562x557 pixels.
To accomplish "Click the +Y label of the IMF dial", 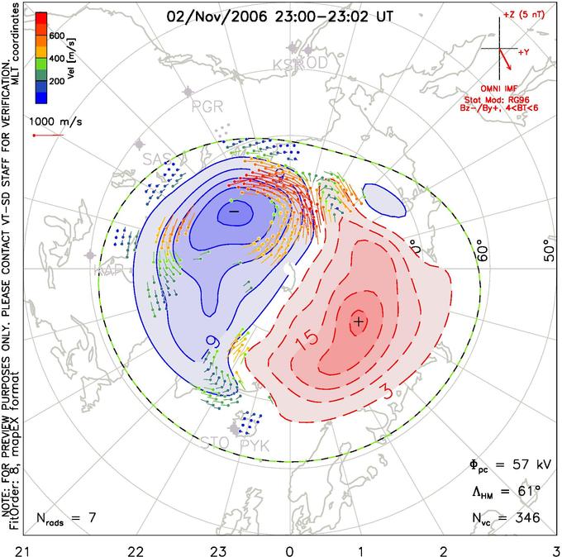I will (x=523, y=52).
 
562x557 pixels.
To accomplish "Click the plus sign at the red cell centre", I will (x=358, y=321).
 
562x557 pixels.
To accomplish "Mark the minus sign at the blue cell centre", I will (x=233, y=212).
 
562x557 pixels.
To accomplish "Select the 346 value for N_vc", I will (x=526, y=518).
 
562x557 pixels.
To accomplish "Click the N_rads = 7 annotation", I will (x=66, y=518).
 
